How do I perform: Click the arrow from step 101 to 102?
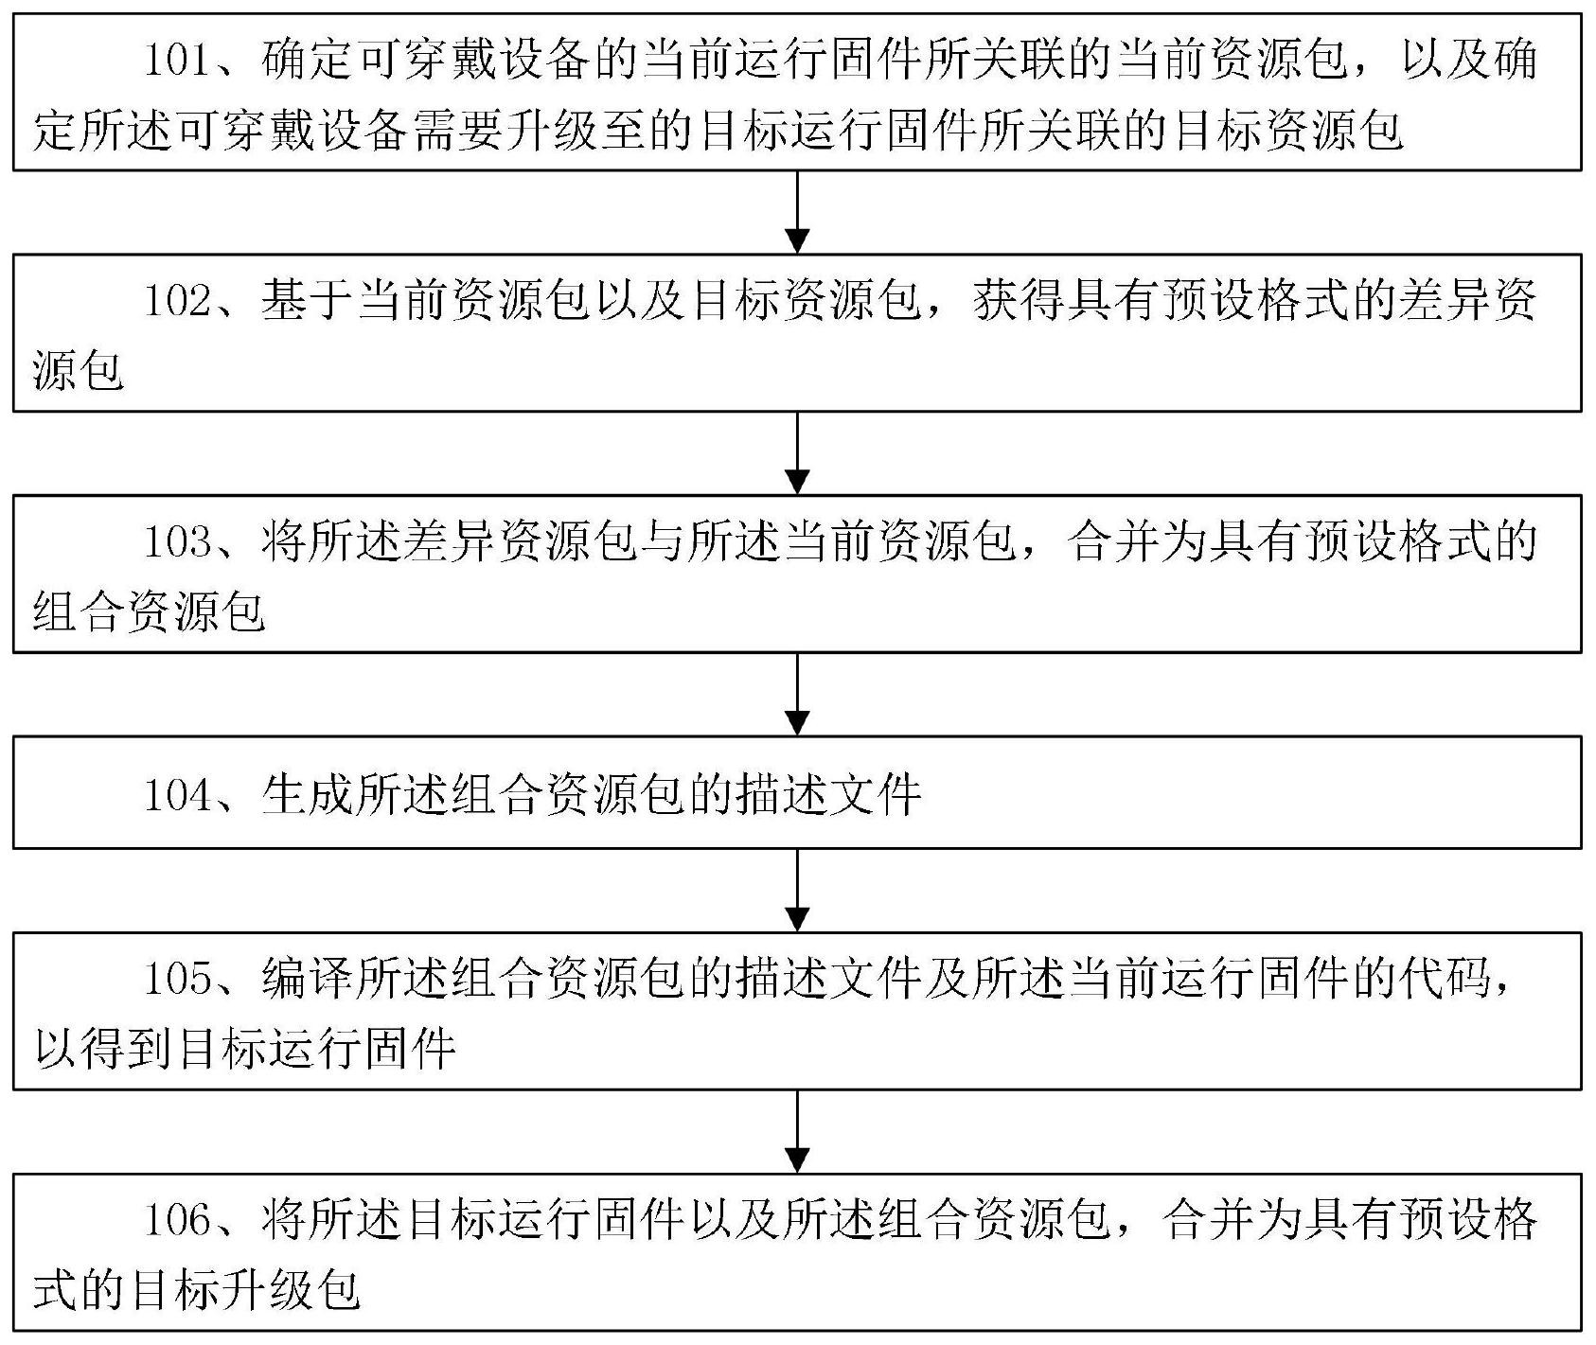798,212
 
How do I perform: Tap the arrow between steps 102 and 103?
798,453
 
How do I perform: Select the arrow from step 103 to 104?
798,695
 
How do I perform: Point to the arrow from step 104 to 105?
798,890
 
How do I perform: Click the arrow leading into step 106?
798,1132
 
